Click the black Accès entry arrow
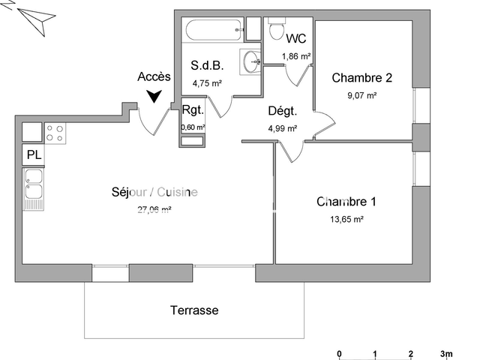(x=154, y=96)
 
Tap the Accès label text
(x=154, y=76)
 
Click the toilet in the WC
(x=275, y=31)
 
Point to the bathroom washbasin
(x=250, y=61)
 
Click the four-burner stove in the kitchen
(x=55, y=133)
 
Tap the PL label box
(x=34, y=155)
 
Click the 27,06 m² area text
(x=154, y=210)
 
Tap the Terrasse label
(x=194, y=310)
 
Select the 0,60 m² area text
(x=193, y=127)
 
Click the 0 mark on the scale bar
(x=340, y=353)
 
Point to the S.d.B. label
(x=207, y=66)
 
